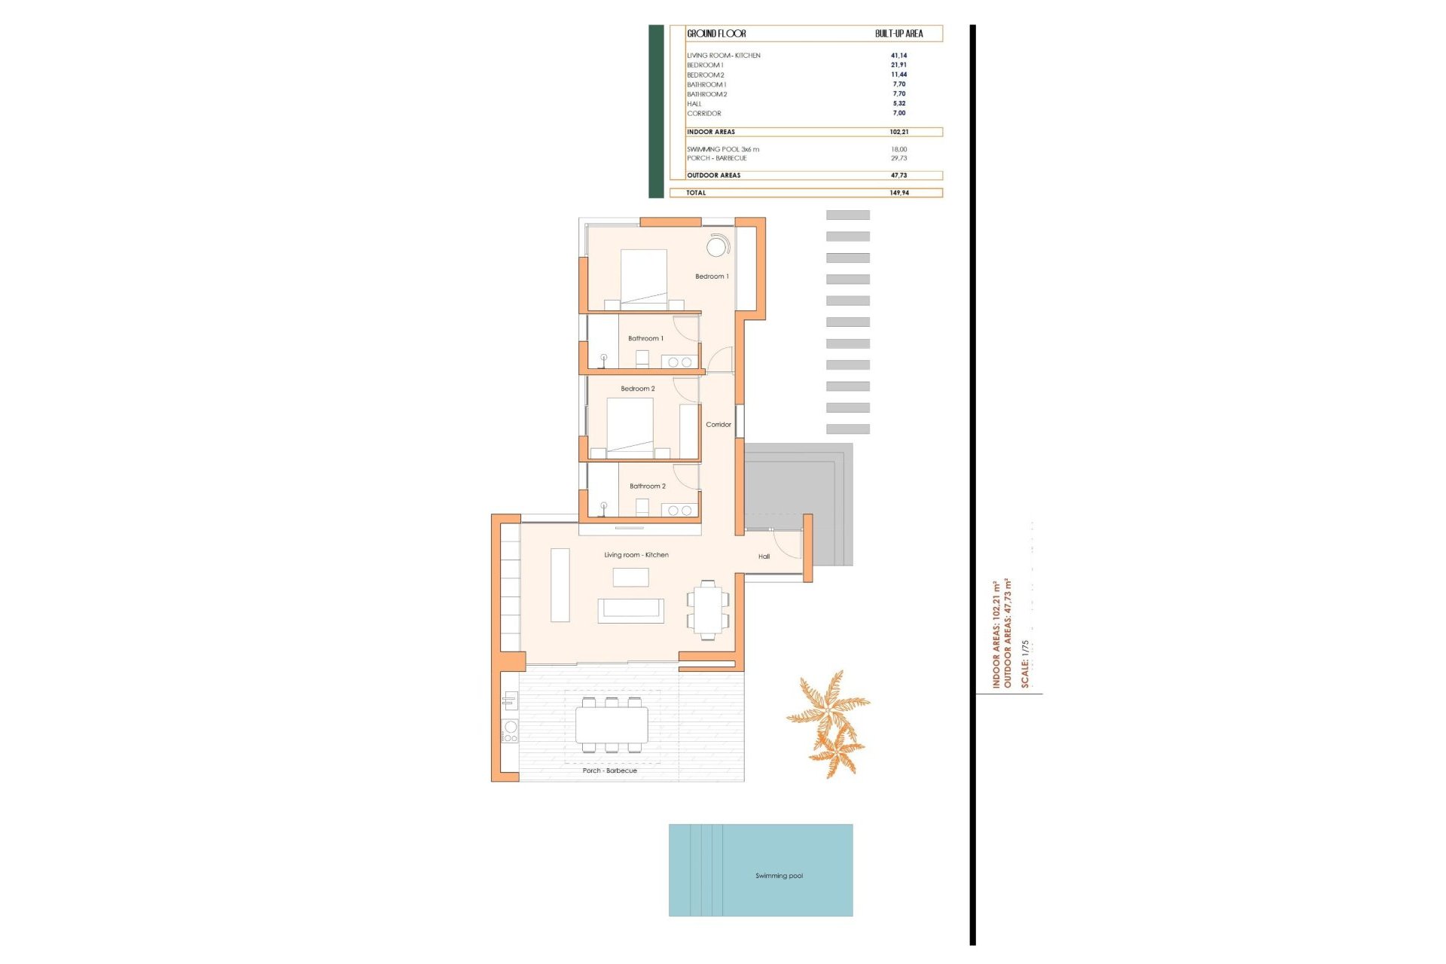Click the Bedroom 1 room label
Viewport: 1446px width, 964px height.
pyautogui.click(x=711, y=276)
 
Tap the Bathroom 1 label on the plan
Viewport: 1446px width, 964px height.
pyautogui.click(x=645, y=338)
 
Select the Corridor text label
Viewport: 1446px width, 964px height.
pyautogui.click(x=718, y=425)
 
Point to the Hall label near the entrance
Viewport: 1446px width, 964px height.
pyautogui.click(x=764, y=557)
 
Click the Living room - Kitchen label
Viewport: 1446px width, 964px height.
pyautogui.click(x=636, y=555)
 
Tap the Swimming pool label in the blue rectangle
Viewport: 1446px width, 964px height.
pyautogui.click(x=779, y=876)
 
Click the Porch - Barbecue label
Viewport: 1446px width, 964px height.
pyautogui.click(x=609, y=770)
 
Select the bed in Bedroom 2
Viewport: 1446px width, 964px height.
pyautogui.click(x=630, y=426)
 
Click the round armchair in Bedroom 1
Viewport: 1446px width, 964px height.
pyautogui.click(x=717, y=246)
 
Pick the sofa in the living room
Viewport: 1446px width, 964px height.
pyautogui.click(x=630, y=610)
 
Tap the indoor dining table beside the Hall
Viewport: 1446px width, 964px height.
pyautogui.click(x=708, y=610)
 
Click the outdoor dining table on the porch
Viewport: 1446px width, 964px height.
pyautogui.click(x=612, y=725)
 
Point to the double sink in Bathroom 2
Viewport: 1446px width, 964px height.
pyautogui.click(x=679, y=511)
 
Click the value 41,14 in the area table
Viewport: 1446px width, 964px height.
pyautogui.click(x=898, y=56)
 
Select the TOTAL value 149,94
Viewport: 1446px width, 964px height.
pyautogui.click(x=898, y=193)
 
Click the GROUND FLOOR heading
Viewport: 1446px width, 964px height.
pyautogui.click(x=715, y=34)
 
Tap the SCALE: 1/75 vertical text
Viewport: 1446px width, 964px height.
pyautogui.click(x=1024, y=664)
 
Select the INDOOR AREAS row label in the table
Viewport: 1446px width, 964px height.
pyautogui.click(x=710, y=132)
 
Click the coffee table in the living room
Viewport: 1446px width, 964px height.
pyautogui.click(x=630, y=577)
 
